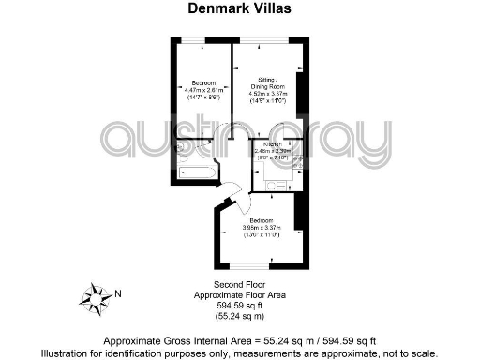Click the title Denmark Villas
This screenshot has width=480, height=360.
coord(239,8)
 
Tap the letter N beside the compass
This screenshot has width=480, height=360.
coord(118,292)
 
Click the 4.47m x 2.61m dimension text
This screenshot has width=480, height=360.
coord(203,89)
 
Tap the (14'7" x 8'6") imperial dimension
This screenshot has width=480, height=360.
coord(203,97)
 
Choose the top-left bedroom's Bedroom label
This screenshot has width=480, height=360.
coord(203,81)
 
